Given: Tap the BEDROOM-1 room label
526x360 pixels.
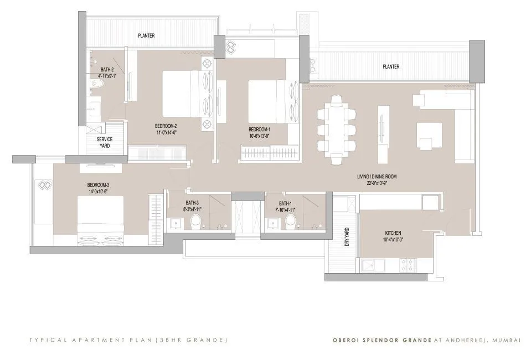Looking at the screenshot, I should [x=260, y=129].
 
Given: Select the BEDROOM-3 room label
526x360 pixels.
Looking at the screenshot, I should [x=97, y=184].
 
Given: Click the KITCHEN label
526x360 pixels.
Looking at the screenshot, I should [x=393, y=233].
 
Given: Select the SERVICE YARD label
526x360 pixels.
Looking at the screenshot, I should [x=105, y=142].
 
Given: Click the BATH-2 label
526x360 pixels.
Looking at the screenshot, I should [x=107, y=70].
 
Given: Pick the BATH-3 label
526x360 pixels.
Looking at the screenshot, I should [x=192, y=203].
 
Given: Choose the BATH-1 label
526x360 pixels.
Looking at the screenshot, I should [x=287, y=203].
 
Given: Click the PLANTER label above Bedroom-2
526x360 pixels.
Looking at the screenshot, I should [x=146, y=36].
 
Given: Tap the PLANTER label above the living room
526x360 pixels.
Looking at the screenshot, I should [x=391, y=66].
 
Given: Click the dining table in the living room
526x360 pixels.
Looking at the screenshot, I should [x=336, y=129].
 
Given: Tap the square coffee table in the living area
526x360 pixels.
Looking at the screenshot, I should [x=429, y=135].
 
